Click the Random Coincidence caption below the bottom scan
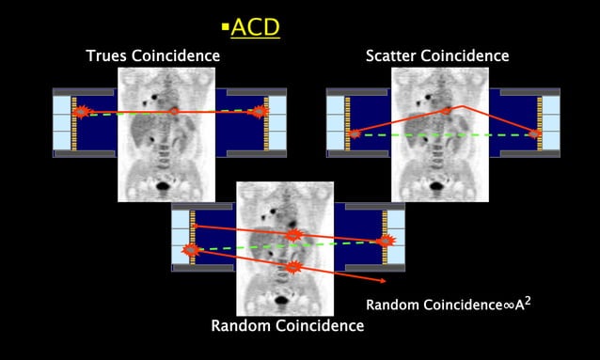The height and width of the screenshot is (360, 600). click(x=288, y=326)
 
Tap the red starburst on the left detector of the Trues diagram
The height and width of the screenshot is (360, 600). click(x=80, y=111)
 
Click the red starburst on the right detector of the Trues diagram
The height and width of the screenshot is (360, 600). click(x=261, y=112)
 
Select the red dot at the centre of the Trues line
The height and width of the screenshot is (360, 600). click(x=174, y=111)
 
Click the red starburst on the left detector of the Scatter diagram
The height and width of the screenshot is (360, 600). click(x=355, y=133)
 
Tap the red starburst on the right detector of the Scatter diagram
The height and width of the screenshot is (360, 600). click(x=535, y=133)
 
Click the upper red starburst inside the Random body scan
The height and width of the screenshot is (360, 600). click(x=293, y=234)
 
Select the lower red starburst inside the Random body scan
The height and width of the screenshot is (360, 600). click(x=293, y=267)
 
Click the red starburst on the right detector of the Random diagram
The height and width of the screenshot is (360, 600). click(x=385, y=242)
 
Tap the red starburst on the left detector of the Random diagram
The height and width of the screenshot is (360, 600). click(x=191, y=250)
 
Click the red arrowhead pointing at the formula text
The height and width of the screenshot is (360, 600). click(x=381, y=281)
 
